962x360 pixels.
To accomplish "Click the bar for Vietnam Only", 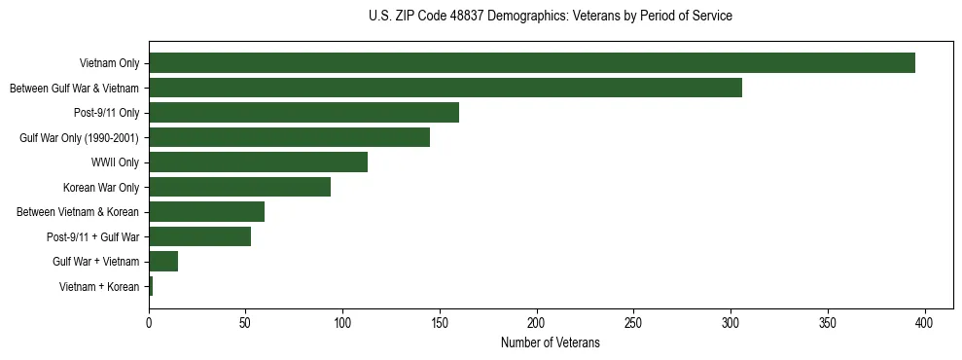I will click(532, 63).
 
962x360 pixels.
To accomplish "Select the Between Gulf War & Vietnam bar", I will click(445, 88).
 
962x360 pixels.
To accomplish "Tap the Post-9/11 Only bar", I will click(303, 113).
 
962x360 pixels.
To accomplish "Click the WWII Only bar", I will click(258, 162).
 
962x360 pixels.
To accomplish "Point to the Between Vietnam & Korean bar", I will click(206, 212).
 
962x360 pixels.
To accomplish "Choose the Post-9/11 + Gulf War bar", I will click(199, 236).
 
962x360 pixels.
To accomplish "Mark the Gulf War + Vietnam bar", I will click(163, 262).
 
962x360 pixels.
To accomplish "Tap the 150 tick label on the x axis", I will click(440, 322).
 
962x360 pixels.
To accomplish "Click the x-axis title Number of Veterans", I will click(550, 343).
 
